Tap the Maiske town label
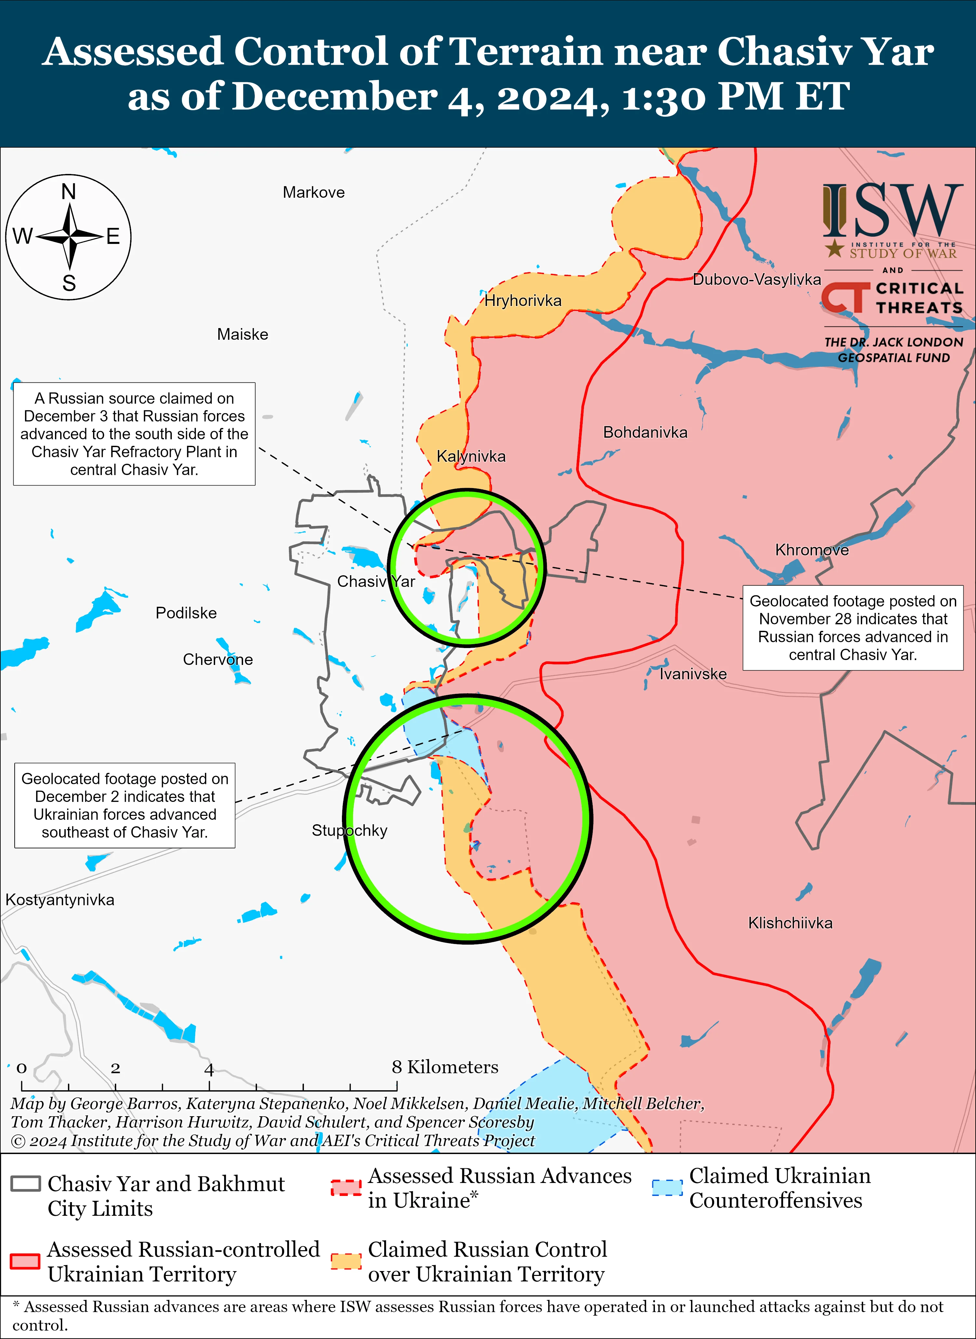coord(242,334)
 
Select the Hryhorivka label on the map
coord(523,300)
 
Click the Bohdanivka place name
coord(645,432)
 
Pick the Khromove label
coord(812,550)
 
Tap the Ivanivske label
coord(693,674)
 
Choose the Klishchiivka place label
coord(790,923)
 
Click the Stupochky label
coord(349,830)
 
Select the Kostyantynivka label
coord(60,900)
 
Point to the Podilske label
coord(186,613)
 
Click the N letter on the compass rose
coord(69,192)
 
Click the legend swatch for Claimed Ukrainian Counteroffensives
coord(666,1187)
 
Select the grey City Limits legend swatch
coord(25,1183)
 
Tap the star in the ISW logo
coord(834,248)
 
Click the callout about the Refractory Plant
coord(134,434)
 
